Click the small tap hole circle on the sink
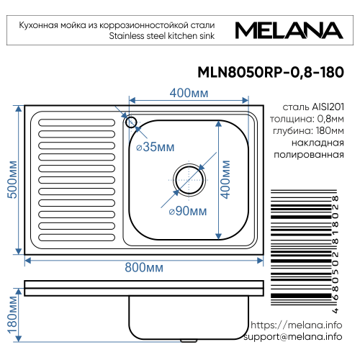click(x=131, y=120)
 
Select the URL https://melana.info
click(x=297, y=325)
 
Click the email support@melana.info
click(x=292, y=337)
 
